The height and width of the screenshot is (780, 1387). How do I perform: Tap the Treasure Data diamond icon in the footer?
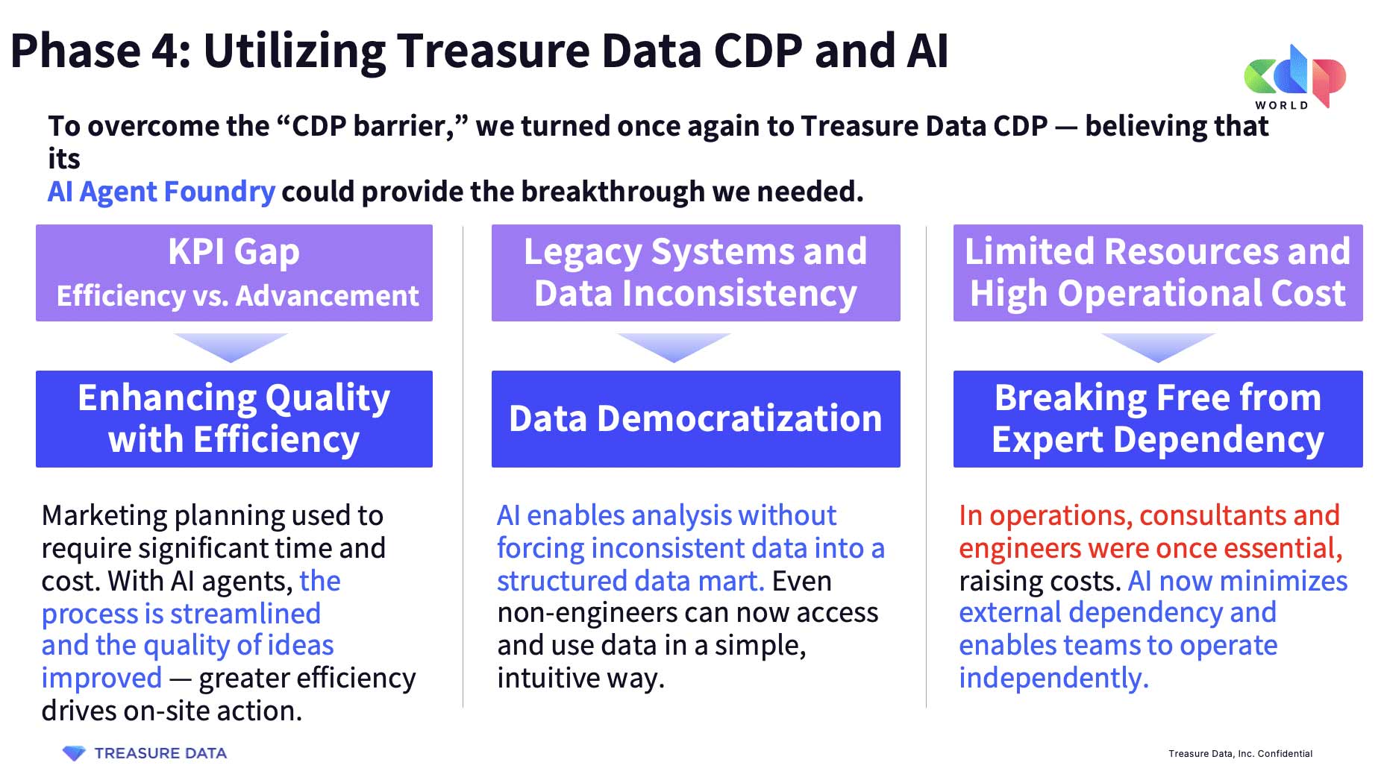[74, 753]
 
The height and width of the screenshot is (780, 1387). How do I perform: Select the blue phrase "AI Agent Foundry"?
[161, 192]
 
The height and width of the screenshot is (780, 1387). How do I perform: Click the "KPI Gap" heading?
[234, 252]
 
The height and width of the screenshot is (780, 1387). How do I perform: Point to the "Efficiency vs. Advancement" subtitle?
[237, 296]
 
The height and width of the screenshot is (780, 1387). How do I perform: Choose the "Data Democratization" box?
[695, 419]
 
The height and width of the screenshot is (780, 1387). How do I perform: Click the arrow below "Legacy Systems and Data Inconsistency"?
[674, 347]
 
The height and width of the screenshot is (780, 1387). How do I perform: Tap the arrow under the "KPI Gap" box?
[231, 347]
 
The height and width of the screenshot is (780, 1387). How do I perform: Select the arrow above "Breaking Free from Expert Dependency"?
[1158, 347]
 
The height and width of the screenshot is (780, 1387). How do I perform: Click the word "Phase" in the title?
[75, 51]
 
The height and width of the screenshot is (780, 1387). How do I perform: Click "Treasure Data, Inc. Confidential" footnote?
[1240, 754]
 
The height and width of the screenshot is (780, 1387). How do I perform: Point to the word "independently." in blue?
[1053, 678]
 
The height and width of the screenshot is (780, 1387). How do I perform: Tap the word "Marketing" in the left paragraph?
[104, 516]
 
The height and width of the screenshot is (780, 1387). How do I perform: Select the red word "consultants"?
[1212, 515]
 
